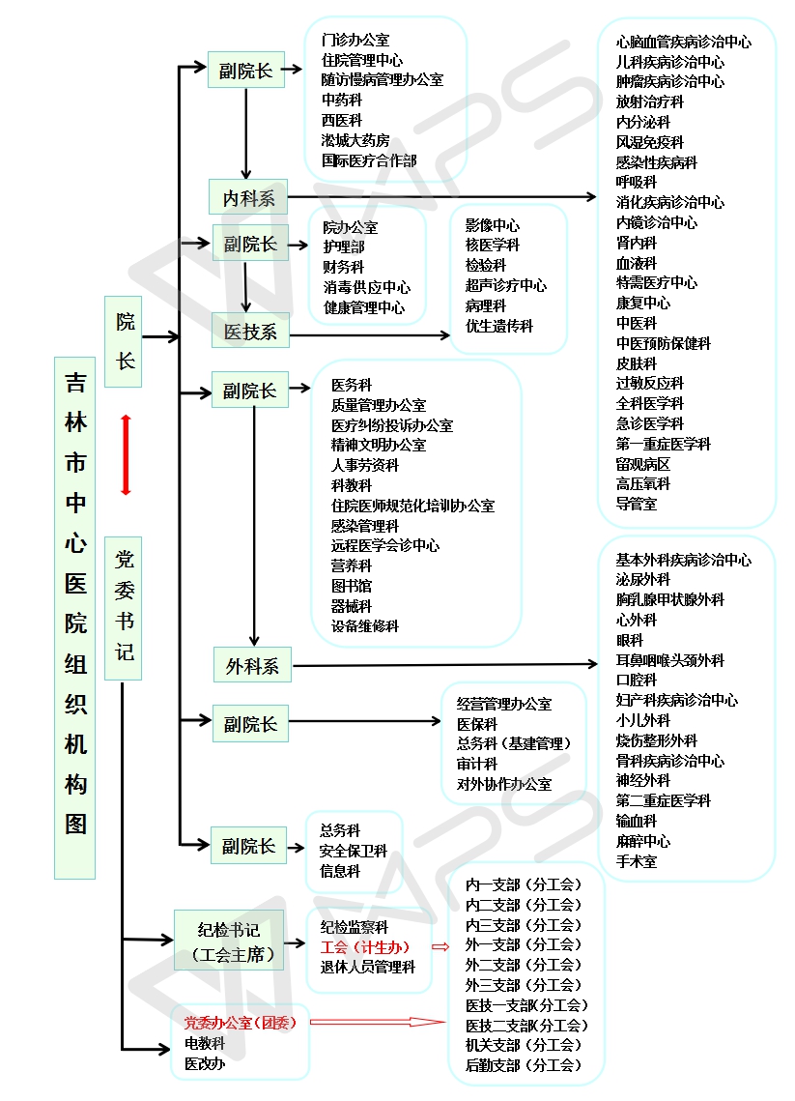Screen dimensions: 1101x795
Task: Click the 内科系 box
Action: pos(248,197)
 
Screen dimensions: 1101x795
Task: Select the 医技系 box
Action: pos(250,331)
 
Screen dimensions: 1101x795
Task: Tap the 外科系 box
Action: pos(252,665)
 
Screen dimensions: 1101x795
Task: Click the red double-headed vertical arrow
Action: pos(126,454)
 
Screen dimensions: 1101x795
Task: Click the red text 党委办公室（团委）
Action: pos(241,1022)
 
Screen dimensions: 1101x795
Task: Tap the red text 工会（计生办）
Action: pos(365,946)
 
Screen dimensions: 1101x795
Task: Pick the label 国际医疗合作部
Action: pos(369,160)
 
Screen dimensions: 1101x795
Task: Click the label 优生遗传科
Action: pos(498,327)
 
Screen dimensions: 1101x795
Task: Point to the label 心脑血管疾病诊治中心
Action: pos(683,42)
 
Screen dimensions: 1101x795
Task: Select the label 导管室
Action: pos(636,504)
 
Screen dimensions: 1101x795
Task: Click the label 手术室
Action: pos(636,861)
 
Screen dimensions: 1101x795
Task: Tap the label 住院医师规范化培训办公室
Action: pos(412,506)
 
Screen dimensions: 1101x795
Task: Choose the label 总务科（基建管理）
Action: pos(514,743)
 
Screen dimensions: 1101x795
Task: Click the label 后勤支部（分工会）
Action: pos(524,1065)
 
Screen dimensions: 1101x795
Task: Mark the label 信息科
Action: pos(340,871)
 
